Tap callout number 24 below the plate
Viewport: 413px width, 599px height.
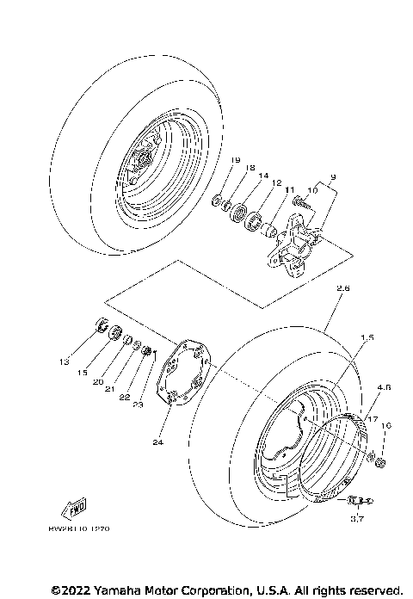click(x=157, y=442)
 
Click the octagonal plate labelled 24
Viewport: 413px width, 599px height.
click(x=183, y=373)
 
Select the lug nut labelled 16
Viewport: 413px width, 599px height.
click(x=379, y=466)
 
